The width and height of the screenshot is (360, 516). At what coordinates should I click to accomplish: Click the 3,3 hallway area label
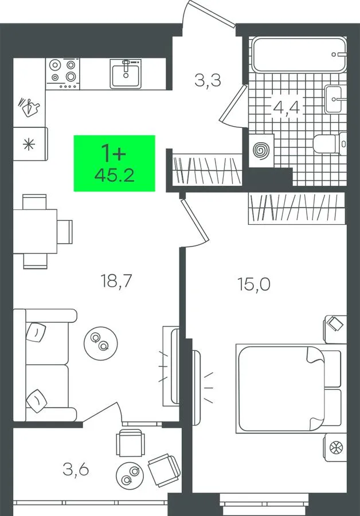(x=208, y=80)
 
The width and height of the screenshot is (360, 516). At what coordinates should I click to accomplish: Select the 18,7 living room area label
(x=116, y=281)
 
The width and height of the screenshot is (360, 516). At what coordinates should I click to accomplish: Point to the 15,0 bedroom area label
(x=254, y=284)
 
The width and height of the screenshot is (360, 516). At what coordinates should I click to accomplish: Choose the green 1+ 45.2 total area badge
(x=114, y=163)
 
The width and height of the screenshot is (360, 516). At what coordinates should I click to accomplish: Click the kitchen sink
(x=126, y=74)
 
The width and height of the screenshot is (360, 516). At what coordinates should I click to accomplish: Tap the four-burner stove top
(x=62, y=74)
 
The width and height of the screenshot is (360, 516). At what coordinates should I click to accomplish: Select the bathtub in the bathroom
(x=299, y=54)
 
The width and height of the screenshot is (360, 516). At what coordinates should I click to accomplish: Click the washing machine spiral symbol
(x=261, y=151)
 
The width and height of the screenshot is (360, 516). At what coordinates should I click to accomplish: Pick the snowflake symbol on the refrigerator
(x=29, y=144)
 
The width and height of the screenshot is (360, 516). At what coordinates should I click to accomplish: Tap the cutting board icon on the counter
(x=29, y=107)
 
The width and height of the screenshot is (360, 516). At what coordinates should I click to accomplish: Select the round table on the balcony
(x=131, y=475)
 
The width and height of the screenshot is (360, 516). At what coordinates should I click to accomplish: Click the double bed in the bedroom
(x=288, y=388)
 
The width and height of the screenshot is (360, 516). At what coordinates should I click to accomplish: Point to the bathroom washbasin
(x=334, y=99)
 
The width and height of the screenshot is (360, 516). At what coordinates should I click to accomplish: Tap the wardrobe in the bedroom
(x=297, y=209)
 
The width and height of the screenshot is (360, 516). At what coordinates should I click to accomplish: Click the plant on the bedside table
(x=336, y=447)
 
